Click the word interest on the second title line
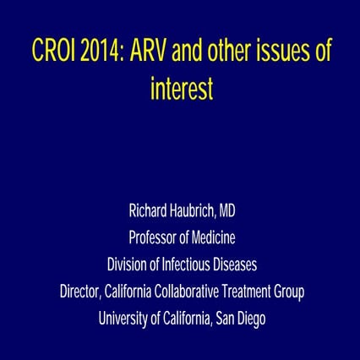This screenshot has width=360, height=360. pyautogui.click(x=180, y=89)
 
